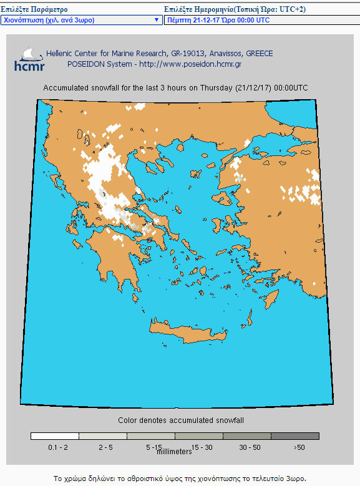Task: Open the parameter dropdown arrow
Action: (x=156, y=20)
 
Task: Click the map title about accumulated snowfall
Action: (x=175, y=88)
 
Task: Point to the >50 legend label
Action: (x=299, y=447)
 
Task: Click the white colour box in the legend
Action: (x=55, y=436)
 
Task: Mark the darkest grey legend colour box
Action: (x=295, y=436)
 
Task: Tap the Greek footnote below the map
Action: (x=180, y=479)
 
